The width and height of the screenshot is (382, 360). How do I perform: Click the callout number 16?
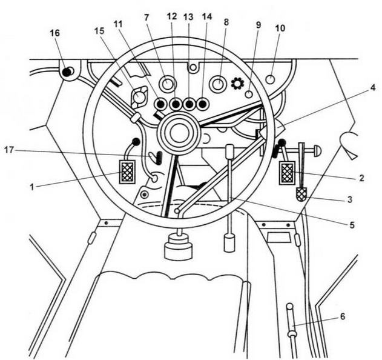54,34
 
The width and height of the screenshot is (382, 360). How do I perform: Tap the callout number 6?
342,316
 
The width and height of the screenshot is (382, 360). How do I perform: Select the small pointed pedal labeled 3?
301,195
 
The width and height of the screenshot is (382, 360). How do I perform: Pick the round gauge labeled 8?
218,83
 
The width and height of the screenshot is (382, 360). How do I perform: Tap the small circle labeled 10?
271,79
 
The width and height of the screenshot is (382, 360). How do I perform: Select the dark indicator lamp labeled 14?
203,104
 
